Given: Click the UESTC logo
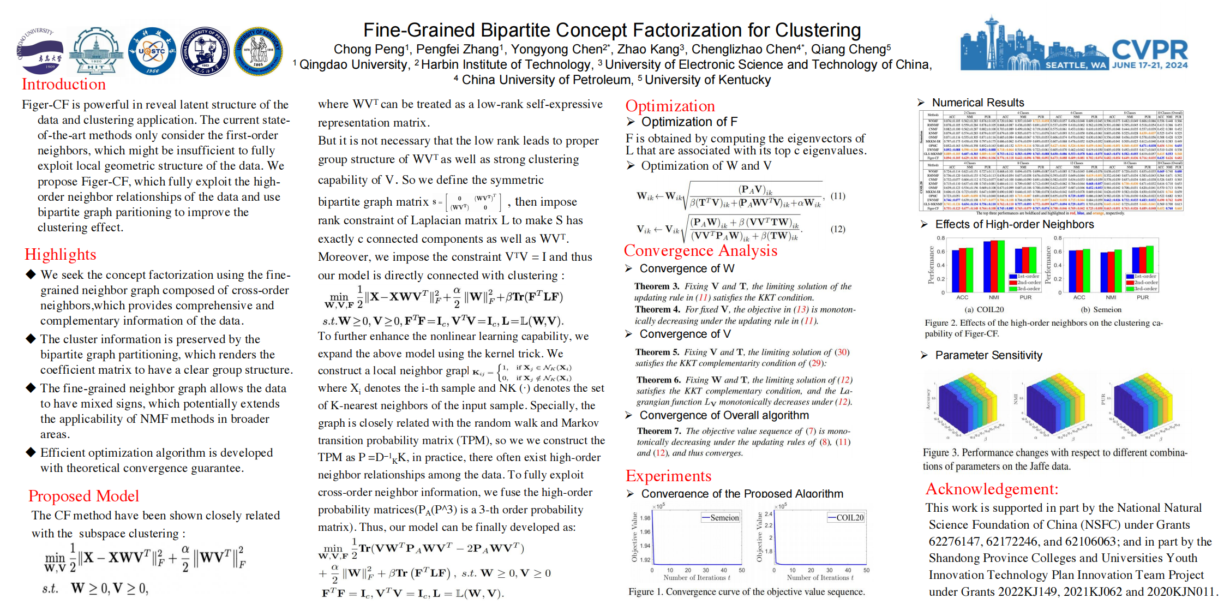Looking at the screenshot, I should click(x=152, y=51).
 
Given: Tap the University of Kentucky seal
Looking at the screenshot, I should click(x=258, y=51).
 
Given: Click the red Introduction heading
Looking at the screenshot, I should click(x=64, y=85).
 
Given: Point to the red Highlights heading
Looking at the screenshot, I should click(x=60, y=255).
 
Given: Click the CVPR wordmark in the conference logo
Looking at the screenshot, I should click(x=1150, y=50).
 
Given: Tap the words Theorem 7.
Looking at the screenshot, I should click(x=658, y=431).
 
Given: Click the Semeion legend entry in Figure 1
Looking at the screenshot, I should click(x=721, y=518).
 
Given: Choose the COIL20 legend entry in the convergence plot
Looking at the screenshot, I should click(x=847, y=518).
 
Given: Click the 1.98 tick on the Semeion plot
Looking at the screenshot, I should click(x=645, y=518).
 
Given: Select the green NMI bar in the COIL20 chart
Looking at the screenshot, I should click(x=1001, y=266).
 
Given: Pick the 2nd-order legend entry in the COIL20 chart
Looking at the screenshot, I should click(x=1025, y=282).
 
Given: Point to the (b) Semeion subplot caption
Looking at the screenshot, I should click(x=1101, y=309).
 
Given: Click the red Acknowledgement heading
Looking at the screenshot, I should click(x=992, y=489).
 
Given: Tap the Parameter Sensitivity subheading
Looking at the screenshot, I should click(x=988, y=355).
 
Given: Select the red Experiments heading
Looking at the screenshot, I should click(x=668, y=476).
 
